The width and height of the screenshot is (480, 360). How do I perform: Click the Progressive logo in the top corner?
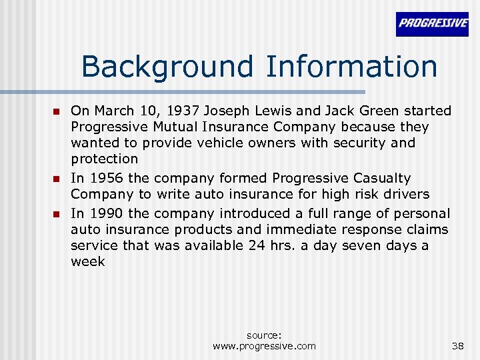tap(432, 23)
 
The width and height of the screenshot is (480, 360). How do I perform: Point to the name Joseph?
tap(227, 111)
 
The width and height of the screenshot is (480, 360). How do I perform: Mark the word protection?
tap(105, 159)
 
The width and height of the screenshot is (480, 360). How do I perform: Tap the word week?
tap(88, 261)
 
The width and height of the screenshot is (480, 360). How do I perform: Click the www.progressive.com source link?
tap(264, 345)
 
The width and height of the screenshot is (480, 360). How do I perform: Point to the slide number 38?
tap(457, 345)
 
